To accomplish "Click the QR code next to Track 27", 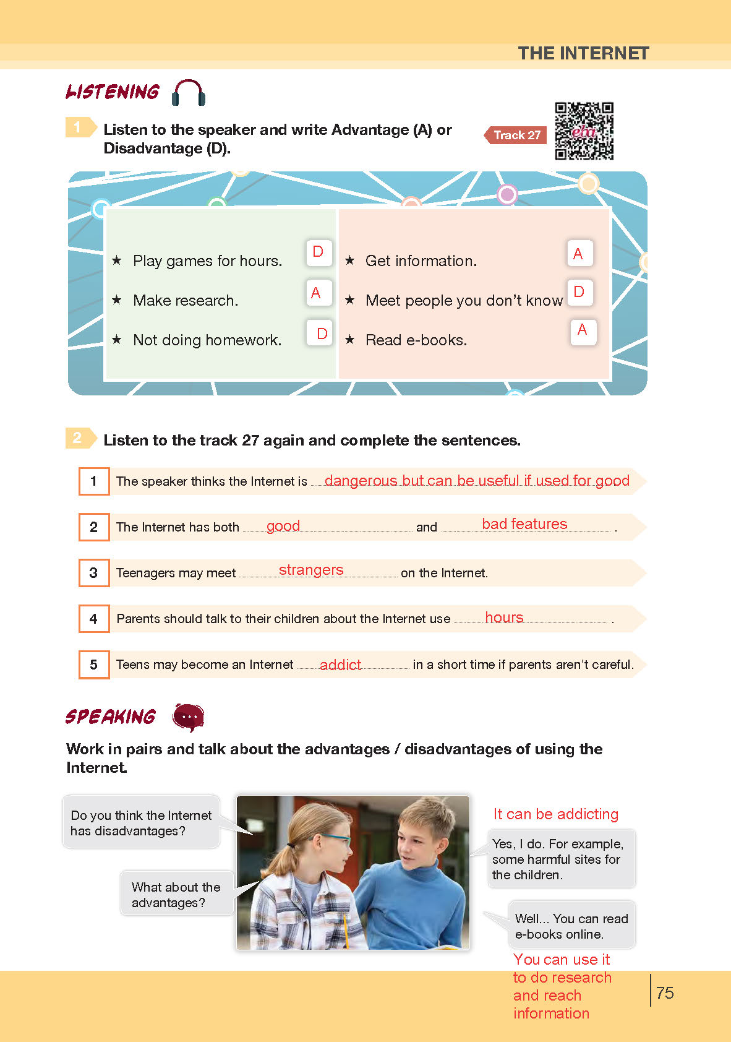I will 584,131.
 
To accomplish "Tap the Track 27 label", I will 516,135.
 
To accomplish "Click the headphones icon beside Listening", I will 188,93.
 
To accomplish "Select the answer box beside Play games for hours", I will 318,252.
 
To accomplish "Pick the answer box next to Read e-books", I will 583,331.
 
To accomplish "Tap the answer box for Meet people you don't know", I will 579,292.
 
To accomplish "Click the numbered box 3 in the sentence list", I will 94,573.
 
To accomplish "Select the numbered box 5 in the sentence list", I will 94,665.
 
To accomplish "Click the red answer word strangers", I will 311,570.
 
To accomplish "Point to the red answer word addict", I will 340,665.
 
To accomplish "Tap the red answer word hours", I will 504,618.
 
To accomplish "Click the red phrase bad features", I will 524,524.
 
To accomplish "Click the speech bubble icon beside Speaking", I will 188,717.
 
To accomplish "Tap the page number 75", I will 665,993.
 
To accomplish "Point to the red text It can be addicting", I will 556,814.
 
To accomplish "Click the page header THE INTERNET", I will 583,53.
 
